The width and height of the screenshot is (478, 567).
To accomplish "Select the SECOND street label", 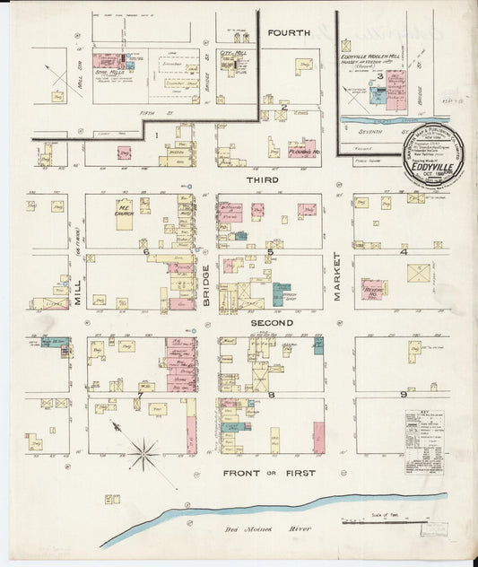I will coord(271,322).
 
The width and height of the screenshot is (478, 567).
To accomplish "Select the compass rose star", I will coord(143,453).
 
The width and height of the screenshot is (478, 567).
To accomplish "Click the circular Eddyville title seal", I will coord(433,158).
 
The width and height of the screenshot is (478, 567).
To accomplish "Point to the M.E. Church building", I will coord(124,214).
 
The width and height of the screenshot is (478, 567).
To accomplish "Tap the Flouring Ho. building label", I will coord(305,152).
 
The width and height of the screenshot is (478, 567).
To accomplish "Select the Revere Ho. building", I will coord(373,289).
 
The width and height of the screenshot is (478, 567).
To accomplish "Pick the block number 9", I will coord(404,394).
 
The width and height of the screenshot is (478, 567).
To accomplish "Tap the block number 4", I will coord(404,252).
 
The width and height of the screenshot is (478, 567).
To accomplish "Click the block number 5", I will coord(269,253).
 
